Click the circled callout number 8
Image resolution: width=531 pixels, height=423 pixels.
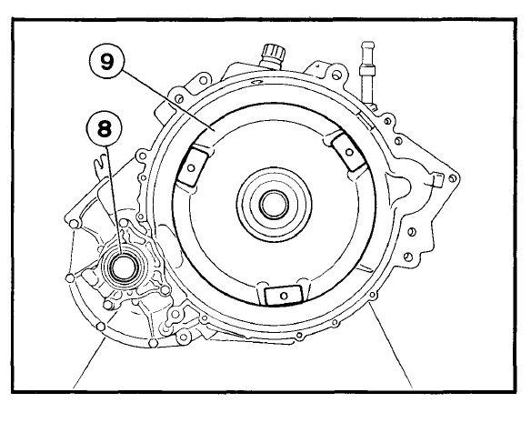(104, 128)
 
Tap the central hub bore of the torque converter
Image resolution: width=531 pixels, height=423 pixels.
(274, 205)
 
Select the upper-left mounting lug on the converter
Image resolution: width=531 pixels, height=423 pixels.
(194, 166)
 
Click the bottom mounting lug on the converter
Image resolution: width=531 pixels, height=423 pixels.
(283, 294)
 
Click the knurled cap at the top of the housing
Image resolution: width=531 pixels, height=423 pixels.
(272, 56)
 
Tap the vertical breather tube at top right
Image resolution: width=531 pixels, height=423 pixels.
(367, 73)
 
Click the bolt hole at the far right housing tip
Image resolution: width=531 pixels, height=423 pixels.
(453, 178)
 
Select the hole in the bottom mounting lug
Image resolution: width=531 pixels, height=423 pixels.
(284, 296)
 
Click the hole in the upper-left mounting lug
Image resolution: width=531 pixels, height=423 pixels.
(191, 167)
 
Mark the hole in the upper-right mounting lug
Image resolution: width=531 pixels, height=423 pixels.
(349, 152)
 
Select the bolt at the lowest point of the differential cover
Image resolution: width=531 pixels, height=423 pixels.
(153, 343)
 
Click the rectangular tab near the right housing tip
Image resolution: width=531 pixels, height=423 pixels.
(437, 180)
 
